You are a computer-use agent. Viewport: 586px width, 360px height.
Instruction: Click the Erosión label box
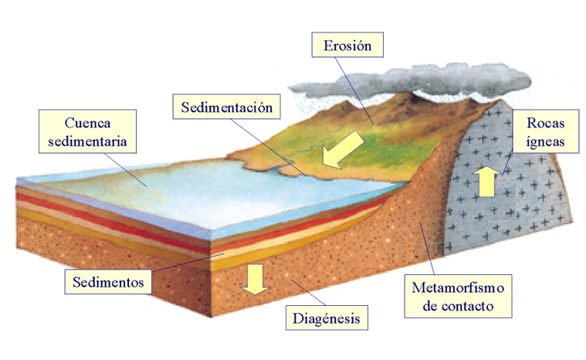347,45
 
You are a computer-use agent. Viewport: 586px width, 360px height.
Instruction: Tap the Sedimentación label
227,107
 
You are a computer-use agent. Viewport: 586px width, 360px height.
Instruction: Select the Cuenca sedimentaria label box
86,132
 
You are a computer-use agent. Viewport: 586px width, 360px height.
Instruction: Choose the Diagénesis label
327,317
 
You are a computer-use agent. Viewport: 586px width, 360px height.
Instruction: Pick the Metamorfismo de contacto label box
459,297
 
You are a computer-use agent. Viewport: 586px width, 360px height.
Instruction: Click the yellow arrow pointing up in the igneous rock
487,182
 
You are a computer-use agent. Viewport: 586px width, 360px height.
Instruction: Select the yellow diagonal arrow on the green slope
341,148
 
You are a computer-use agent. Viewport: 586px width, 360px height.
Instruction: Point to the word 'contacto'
459,307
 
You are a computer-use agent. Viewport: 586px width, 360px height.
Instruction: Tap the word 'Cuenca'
86,123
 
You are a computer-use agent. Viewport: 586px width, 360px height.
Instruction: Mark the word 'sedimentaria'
86,141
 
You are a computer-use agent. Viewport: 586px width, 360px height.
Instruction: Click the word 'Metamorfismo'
459,289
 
